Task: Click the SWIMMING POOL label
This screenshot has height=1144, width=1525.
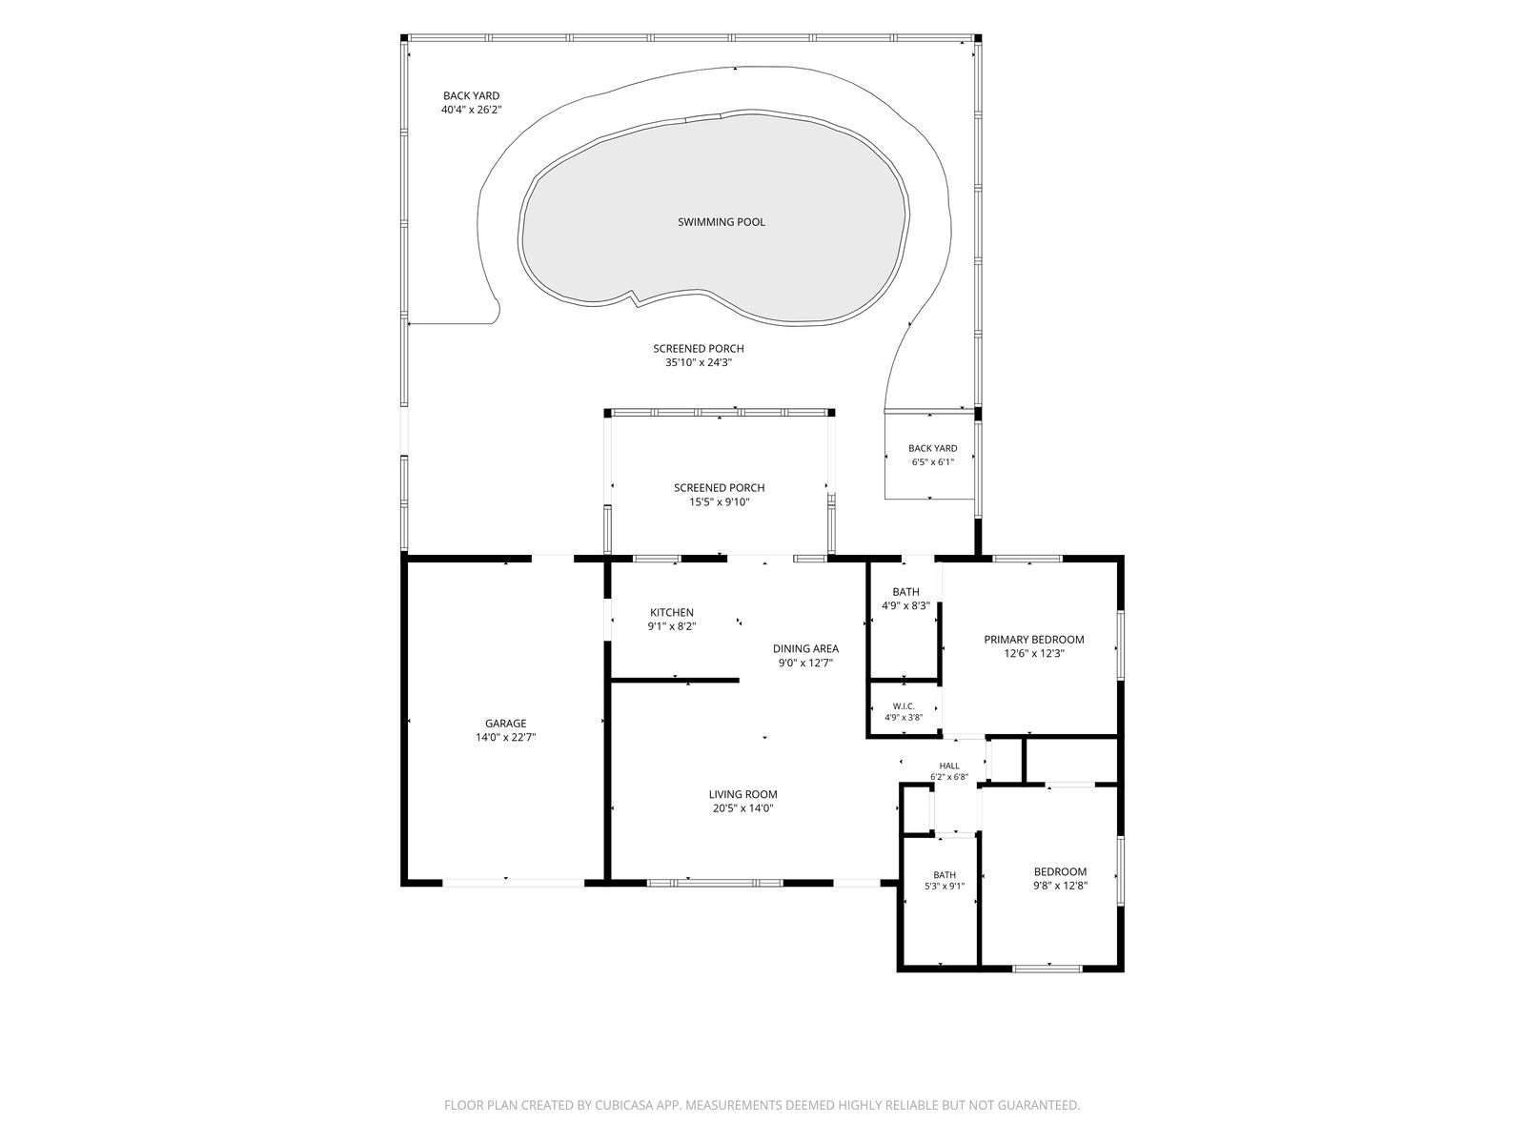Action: coord(722,222)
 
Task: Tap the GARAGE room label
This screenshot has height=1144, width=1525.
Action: coord(506,724)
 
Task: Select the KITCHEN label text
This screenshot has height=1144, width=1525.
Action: coord(672,613)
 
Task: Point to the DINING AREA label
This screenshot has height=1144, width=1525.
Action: coord(806,649)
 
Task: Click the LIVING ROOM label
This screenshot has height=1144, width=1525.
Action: coord(743,795)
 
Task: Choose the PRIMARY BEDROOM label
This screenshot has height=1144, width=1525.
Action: coord(1034,640)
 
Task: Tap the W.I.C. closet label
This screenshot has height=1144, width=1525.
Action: coord(904,706)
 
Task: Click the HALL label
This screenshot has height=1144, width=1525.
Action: coord(949,766)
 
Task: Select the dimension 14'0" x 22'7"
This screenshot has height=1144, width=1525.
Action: coord(506,738)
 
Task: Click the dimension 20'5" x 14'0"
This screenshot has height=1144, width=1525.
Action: coord(743,808)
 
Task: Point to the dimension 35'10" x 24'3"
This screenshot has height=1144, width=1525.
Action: coord(699,362)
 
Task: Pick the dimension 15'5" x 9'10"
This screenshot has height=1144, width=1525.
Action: coord(720,502)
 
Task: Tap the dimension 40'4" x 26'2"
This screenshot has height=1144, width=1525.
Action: coord(472,110)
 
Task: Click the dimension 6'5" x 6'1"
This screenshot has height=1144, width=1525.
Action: coord(933,462)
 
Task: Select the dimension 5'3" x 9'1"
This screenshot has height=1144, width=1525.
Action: coord(945,887)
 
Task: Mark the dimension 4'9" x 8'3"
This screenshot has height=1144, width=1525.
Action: coord(906,605)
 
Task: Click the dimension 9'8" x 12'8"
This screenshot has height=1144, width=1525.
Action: coord(1061,886)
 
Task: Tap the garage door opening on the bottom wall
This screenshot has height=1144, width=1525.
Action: coord(514,883)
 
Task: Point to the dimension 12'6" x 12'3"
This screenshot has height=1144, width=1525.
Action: coord(1034,654)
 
